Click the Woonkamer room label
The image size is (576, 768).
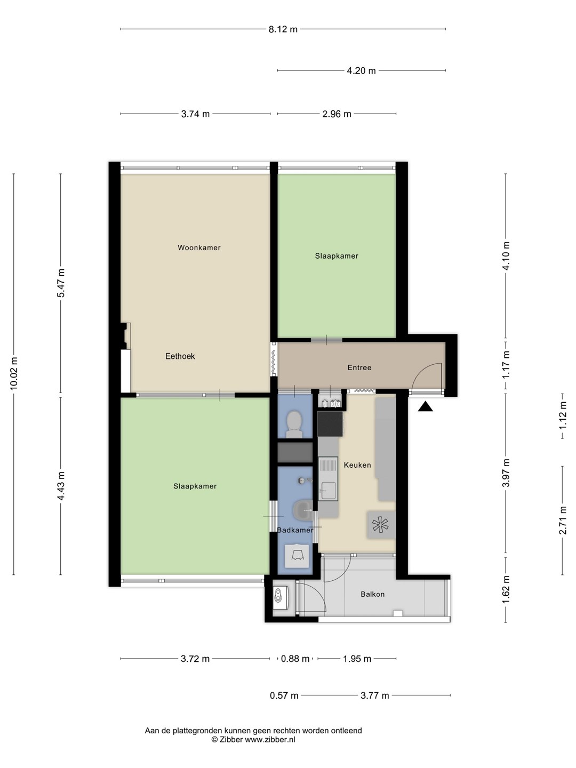(199, 247)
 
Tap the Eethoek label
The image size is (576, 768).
(180, 356)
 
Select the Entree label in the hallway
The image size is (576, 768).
(359, 367)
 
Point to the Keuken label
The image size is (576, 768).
(357, 465)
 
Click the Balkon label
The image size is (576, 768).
(372, 594)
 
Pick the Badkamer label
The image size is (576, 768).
(295, 530)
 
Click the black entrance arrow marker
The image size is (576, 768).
(425, 406)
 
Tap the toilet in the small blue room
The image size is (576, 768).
(294, 424)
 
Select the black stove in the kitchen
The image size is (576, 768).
(330, 423)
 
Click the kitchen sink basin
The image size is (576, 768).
(329, 490)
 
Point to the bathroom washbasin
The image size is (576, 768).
(303, 510)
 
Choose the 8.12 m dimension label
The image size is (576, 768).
(283, 29)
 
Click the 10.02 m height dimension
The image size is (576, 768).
(14, 374)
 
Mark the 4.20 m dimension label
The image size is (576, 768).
(361, 71)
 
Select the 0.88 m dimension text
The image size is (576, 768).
(295, 659)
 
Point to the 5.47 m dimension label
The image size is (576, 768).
(61, 283)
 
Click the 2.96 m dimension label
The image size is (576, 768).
(337, 114)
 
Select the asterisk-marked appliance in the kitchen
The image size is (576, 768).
(380, 525)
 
